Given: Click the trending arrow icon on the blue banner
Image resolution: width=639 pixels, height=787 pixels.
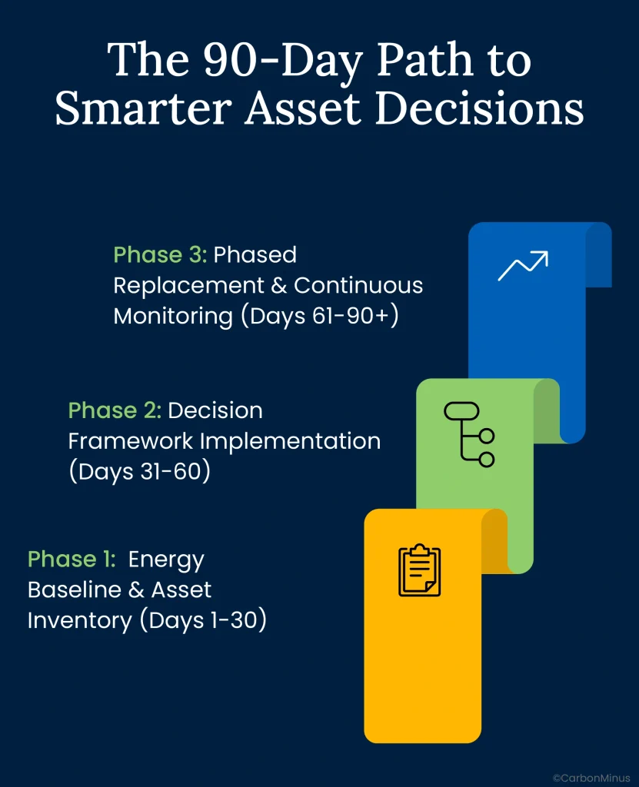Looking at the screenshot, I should click(522, 265).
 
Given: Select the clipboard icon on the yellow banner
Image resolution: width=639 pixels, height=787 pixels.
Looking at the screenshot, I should click(420, 569).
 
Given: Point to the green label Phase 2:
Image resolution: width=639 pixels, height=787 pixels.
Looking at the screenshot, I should click(115, 410).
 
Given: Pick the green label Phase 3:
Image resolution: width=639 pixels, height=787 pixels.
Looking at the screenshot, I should click(160, 254).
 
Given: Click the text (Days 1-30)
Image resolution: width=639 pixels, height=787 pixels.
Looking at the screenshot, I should click(203, 620).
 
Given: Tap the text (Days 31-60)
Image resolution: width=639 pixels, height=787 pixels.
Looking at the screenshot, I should click(139, 472).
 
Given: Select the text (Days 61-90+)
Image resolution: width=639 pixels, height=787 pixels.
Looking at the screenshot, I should click(319, 316).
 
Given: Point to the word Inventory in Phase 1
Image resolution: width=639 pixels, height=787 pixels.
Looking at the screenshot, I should click(79, 620).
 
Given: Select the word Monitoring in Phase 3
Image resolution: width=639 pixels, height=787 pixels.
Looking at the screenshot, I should click(173, 316).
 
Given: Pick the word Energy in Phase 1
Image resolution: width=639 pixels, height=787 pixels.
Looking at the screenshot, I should click(166, 559).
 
